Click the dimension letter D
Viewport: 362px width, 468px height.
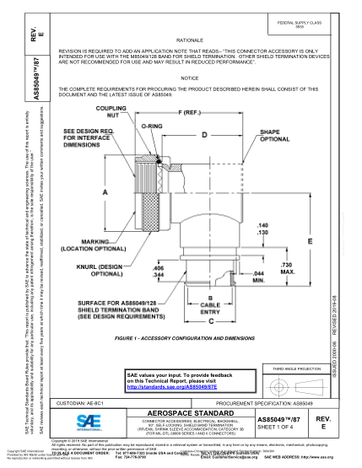click(x=203, y=134)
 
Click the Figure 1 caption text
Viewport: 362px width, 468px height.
click(x=187, y=335)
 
